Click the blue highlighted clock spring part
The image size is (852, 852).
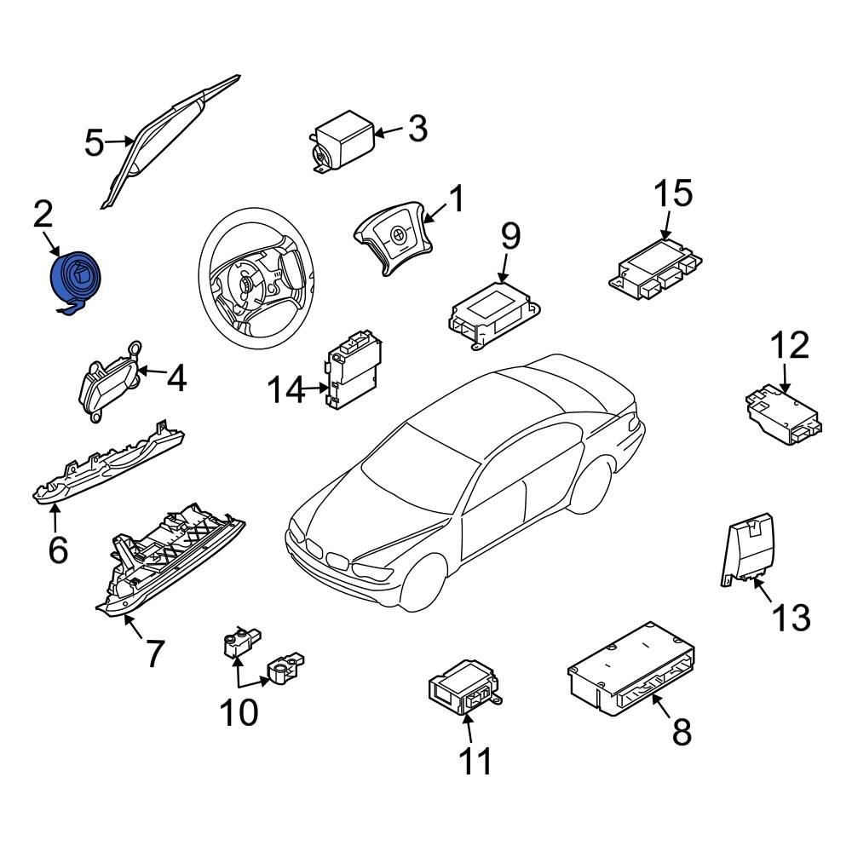click(x=77, y=279)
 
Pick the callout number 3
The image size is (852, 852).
click(x=417, y=130)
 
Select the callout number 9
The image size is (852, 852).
click(x=509, y=236)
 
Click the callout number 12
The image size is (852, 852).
click(x=789, y=347)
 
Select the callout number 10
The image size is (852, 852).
click(x=239, y=711)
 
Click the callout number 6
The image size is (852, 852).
click(x=57, y=550)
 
